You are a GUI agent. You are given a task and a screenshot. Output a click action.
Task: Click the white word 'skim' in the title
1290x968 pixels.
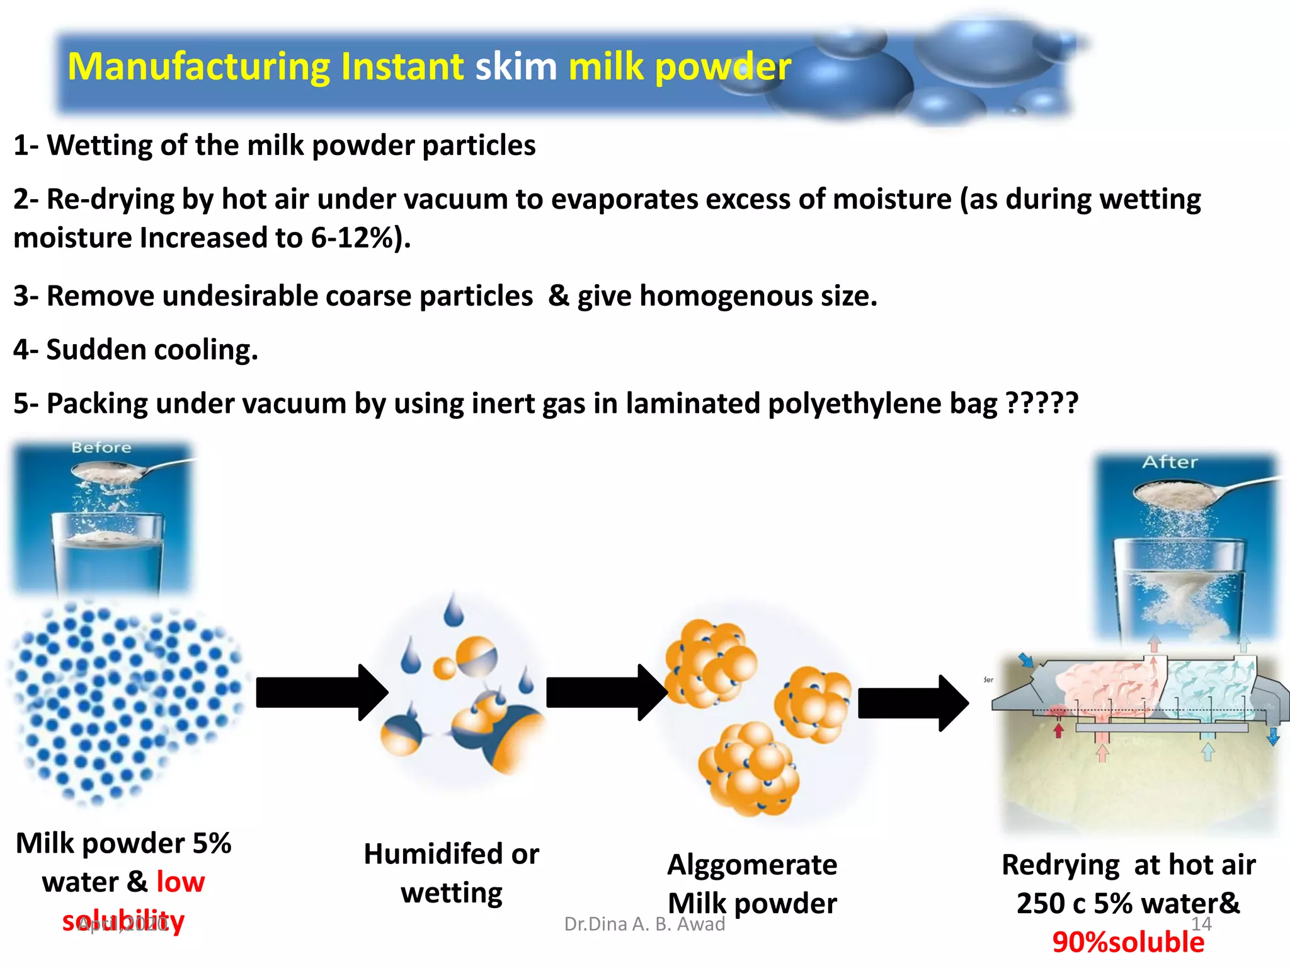516,66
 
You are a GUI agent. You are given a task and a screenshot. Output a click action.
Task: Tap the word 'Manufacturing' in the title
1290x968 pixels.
198,67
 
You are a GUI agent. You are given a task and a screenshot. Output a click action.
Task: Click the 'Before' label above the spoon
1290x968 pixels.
101,447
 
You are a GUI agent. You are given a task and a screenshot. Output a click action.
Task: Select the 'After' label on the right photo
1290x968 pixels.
1170,462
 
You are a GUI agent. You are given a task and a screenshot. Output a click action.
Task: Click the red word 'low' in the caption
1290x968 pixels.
181,882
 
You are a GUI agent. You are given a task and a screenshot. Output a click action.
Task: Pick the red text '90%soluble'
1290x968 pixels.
1128,942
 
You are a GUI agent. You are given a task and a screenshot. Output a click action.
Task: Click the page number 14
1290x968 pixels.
1201,924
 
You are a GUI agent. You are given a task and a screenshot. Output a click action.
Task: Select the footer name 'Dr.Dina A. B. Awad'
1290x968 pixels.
644,924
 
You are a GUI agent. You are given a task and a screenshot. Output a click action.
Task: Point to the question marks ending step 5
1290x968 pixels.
1042,403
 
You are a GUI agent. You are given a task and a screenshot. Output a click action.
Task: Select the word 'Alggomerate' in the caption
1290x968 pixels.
752,865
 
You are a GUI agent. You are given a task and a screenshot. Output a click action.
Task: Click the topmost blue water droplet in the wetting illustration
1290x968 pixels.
453,610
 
